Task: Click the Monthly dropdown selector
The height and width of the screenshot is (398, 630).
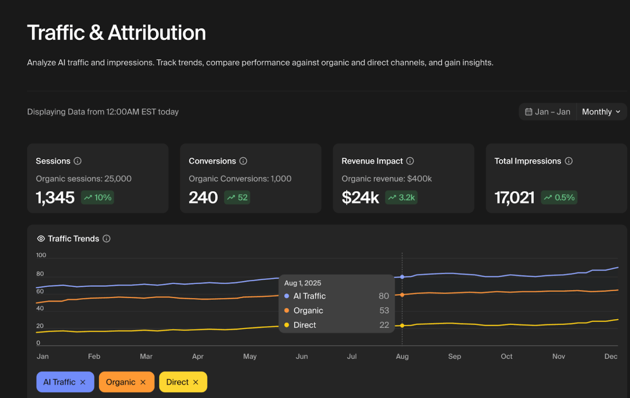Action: point(601,112)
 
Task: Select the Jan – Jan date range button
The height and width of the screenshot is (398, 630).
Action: point(548,112)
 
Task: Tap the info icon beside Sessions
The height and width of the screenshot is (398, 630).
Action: point(78,161)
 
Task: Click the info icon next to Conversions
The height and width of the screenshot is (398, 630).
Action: point(243,161)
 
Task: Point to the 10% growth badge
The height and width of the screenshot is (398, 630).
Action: point(98,197)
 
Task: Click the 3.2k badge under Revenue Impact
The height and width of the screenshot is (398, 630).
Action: point(401,197)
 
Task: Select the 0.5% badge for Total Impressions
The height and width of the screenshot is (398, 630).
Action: point(559,197)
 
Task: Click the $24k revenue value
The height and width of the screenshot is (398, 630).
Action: point(360,197)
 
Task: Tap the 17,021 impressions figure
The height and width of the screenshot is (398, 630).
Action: point(514,197)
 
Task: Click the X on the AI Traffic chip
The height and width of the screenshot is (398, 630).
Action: point(83,382)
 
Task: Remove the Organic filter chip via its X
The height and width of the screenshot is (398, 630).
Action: point(143,382)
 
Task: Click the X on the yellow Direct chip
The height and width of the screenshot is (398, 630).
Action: point(196,382)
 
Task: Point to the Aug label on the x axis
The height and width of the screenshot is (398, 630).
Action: point(402,356)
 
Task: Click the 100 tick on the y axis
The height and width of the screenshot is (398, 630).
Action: point(41,255)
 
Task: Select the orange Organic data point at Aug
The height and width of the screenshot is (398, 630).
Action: point(402,295)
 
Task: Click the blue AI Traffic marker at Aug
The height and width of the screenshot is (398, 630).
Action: point(402,277)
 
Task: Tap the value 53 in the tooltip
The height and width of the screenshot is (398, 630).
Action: point(384,311)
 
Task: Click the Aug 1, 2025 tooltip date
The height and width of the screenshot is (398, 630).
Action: point(303,283)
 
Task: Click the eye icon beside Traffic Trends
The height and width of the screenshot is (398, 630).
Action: point(41,239)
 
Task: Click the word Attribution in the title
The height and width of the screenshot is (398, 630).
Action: point(157,33)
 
